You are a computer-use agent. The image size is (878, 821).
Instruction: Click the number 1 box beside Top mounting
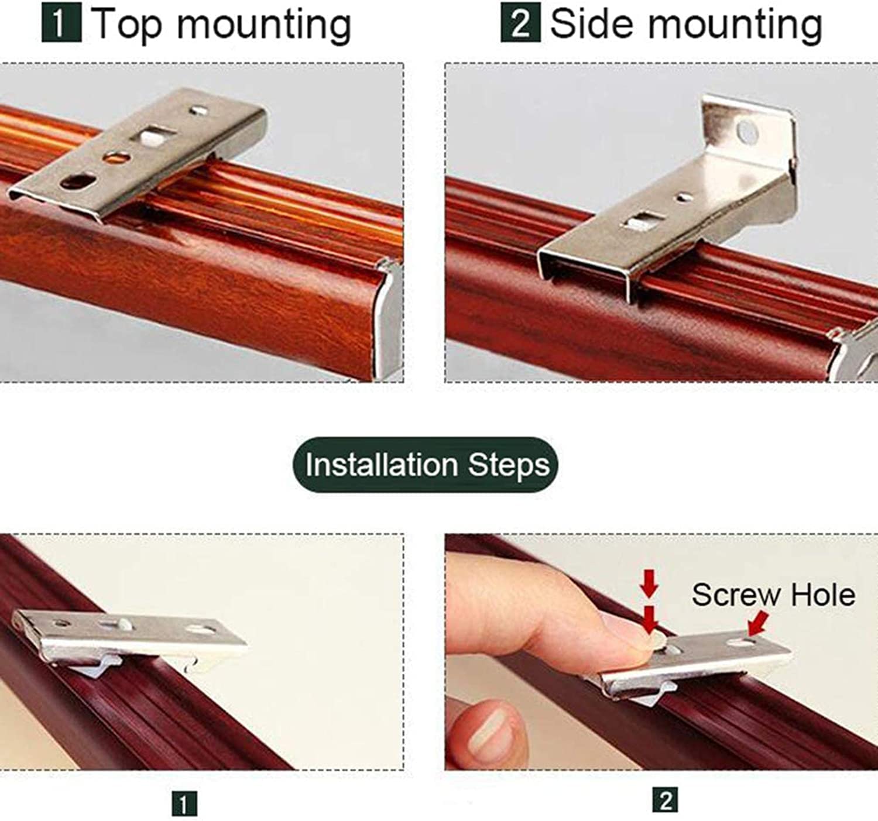pyautogui.click(x=61, y=23)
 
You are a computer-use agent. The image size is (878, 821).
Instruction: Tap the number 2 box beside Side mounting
pyautogui.click(x=520, y=23)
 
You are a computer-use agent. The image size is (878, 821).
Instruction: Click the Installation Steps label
pyautogui.click(x=426, y=465)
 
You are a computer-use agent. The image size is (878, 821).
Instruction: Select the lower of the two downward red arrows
pyautogui.click(x=650, y=620)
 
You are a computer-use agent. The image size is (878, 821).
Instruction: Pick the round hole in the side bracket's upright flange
pyautogui.click(x=747, y=132)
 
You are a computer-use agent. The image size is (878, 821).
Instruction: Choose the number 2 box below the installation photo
pyautogui.click(x=665, y=800)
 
